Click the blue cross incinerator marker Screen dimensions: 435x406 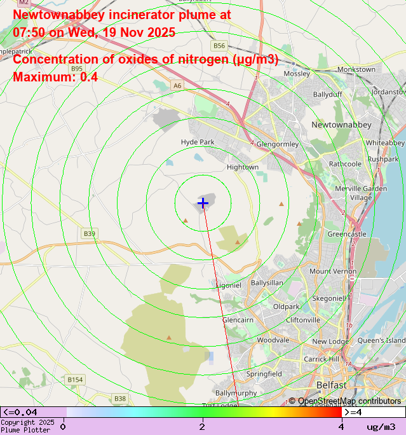point(203,203)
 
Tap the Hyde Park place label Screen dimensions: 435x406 point(198,142)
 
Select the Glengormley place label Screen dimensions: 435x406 point(277,144)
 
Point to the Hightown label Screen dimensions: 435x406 point(243,167)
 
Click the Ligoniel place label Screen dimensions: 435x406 point(229,286)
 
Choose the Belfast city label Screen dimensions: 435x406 point(331,385)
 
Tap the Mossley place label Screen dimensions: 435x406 point(297,74)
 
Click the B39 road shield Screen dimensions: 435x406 point(90,234)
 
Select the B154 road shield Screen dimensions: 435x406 point(75,380)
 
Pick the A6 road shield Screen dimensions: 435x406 point(177,85)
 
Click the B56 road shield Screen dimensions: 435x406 point(219,46)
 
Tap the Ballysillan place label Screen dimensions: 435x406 point(267,282)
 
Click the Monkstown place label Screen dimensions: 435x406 point(356,69)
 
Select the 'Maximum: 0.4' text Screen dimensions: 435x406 point(55,77)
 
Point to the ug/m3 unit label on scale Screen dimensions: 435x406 point(381,427)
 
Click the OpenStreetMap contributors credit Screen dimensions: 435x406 point(346,401)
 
